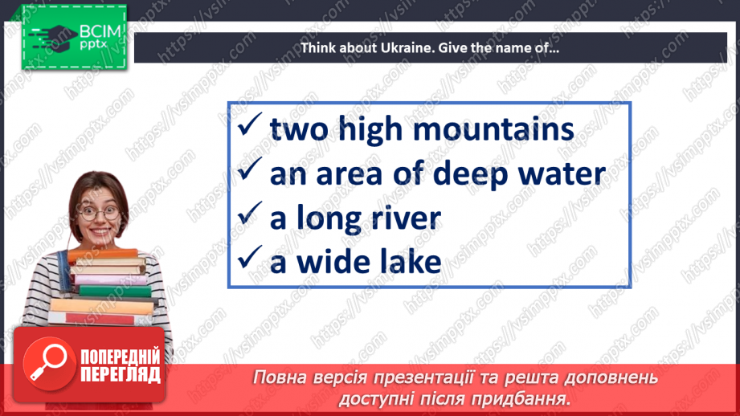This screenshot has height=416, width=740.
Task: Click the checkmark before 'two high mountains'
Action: pyautogui.click(x=250, y=128)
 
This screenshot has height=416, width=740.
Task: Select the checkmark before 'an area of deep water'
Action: pyautogui.click(x=250, y=172)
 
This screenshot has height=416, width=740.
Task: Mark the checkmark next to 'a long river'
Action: pyautogui.click(x=250, y=216)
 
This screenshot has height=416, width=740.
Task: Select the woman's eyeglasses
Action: pyautogui.click(x=100, y=214)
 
